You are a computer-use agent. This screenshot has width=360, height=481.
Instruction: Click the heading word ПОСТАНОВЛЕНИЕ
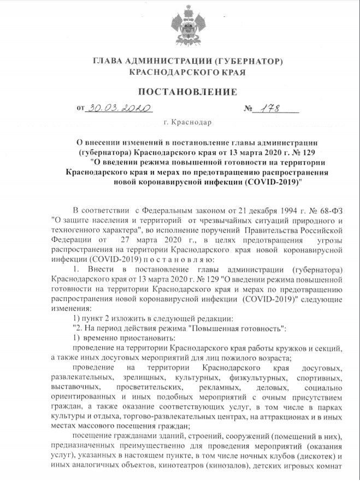(179, 91)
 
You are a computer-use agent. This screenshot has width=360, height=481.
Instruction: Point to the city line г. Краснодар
(180, 123)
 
